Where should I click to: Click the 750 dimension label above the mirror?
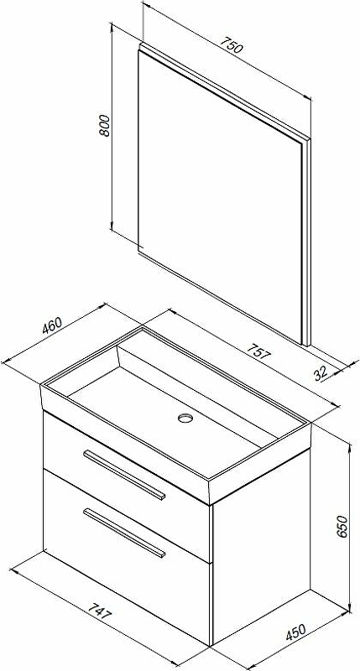[232, 45]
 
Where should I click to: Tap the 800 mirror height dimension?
[104, 126]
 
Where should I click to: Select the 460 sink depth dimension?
[52, 325]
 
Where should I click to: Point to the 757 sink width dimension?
[258, 350]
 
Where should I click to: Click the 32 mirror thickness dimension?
[321, 373]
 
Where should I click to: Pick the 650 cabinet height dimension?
[343, 527]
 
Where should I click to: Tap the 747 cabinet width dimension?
[100, 611]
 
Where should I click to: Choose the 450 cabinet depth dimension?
[295, 632]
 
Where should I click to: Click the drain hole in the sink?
[185, 417]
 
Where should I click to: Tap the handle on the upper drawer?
[124, 475]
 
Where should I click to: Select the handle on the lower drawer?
[124, 533]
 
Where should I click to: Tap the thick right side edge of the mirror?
[305, 242]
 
